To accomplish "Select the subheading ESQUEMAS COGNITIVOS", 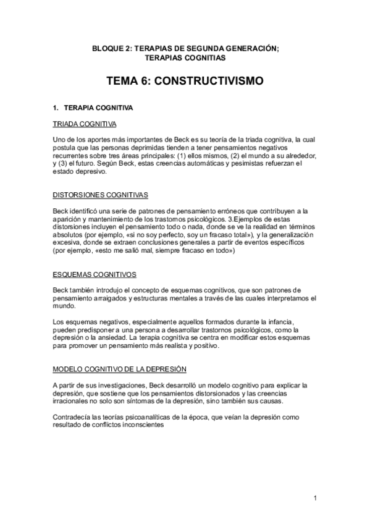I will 95,274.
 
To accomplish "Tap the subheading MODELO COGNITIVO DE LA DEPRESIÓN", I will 119,370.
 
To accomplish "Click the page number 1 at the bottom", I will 314,497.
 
